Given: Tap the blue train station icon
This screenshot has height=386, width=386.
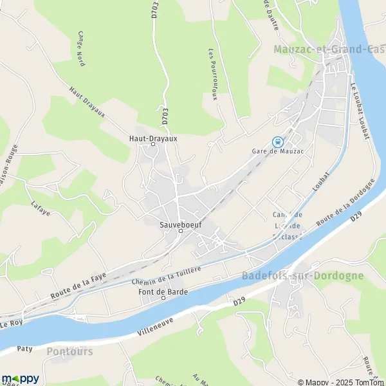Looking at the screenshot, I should click(x=277, y=142).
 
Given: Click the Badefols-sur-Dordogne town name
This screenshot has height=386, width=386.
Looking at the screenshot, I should click(x=311, y=275).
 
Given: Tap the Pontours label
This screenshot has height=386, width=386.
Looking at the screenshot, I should click(x=69, y=351).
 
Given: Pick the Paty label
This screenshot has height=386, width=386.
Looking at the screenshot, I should click(x=24, y=348).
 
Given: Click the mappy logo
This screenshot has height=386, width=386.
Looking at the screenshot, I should click(x=21, y=378).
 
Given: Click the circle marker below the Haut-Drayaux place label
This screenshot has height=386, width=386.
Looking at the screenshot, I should click(x=153, y=145).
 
